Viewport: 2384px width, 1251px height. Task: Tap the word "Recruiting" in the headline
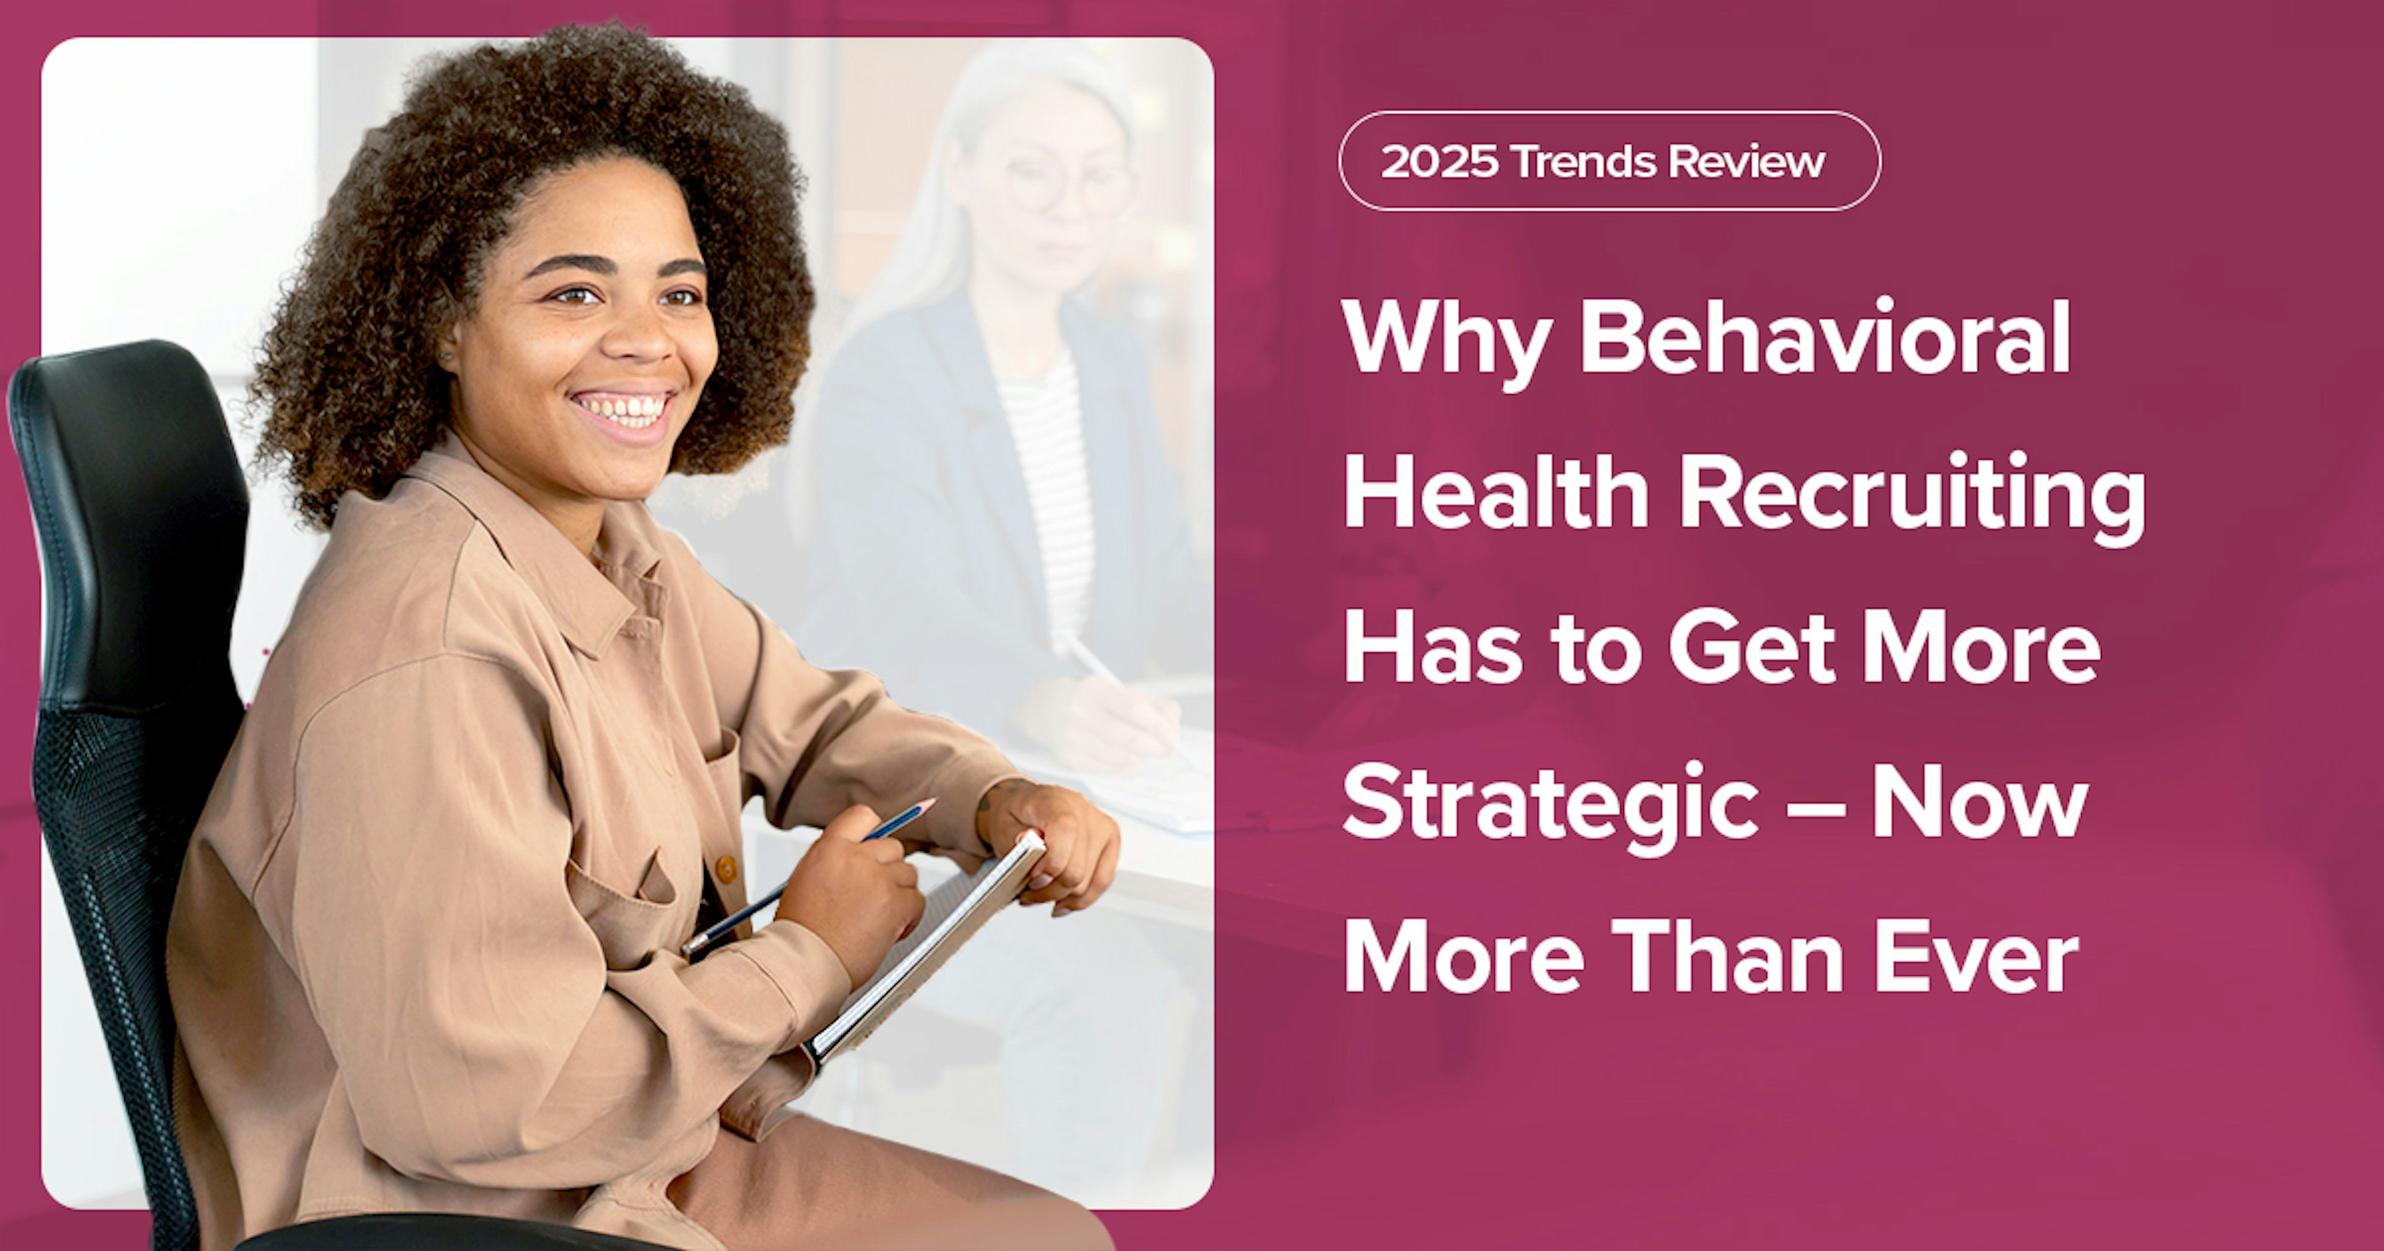click(1912, 498)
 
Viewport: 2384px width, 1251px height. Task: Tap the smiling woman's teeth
click(622, 407)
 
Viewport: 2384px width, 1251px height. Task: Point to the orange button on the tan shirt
click(728, 869)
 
